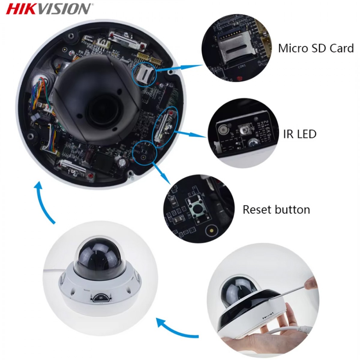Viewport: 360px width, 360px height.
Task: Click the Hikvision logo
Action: (49, 9)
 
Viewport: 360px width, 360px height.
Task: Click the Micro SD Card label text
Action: (316, 48)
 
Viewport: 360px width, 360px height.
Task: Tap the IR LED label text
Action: (300, 134)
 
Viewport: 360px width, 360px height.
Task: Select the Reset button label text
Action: (276, 210)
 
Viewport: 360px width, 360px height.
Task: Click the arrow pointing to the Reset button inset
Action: (161, 172)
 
